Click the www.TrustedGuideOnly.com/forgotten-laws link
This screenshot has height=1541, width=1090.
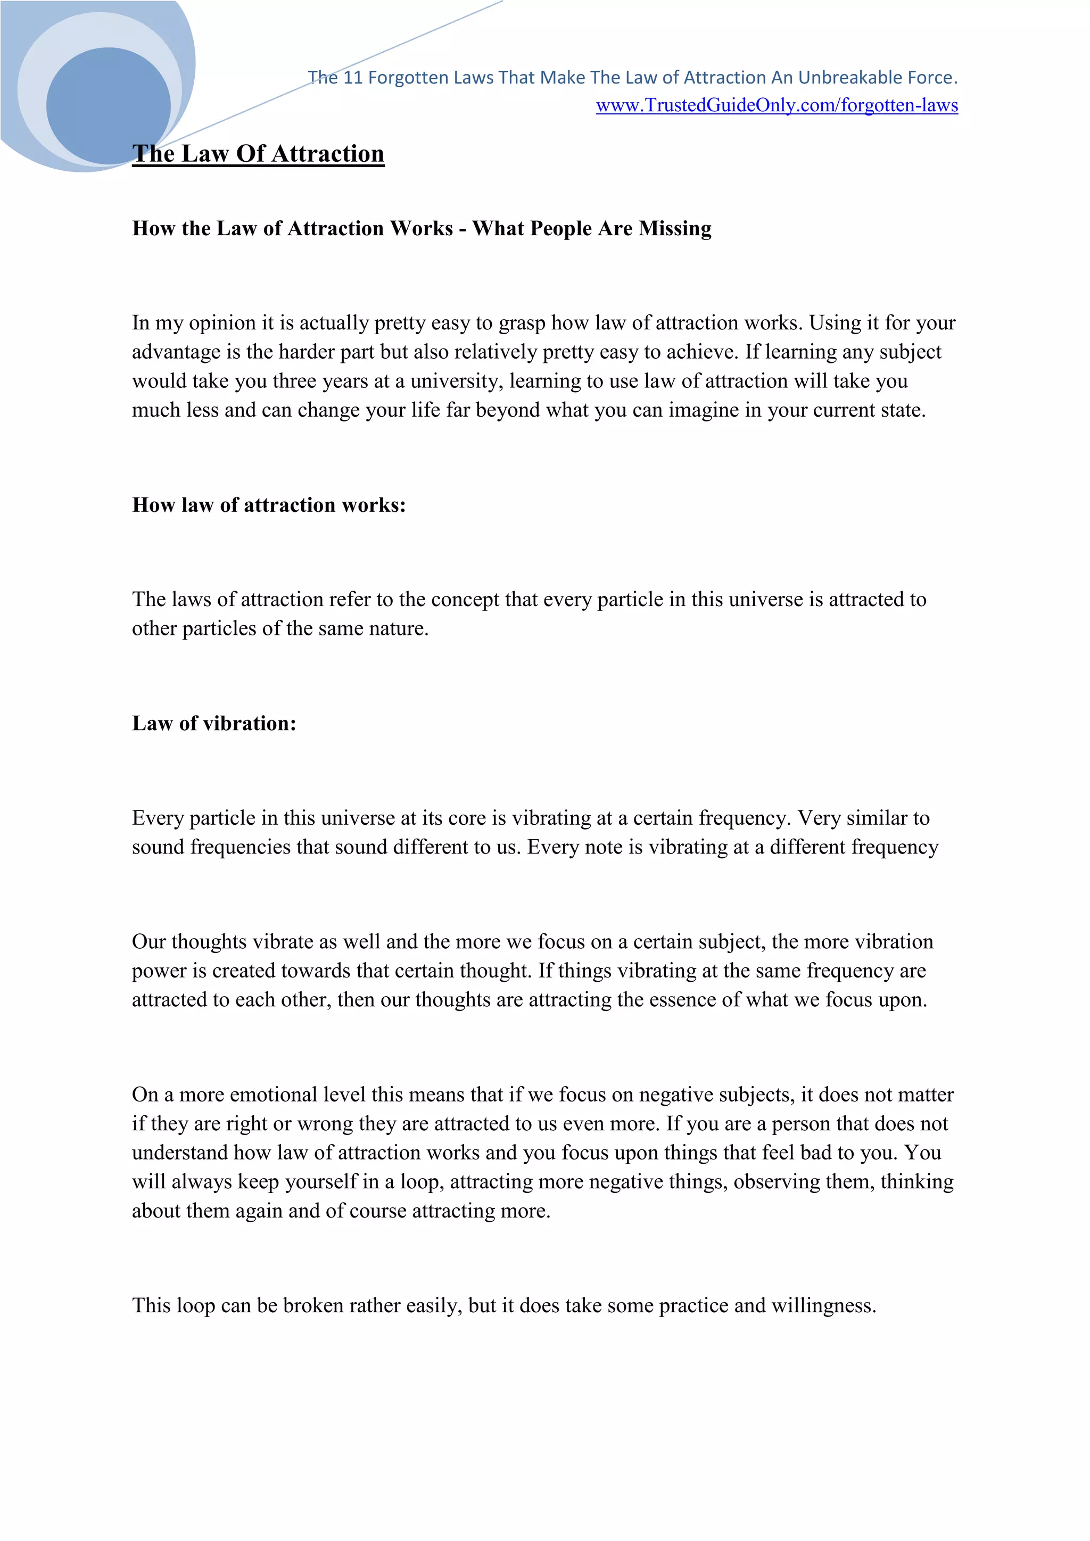point(777,105)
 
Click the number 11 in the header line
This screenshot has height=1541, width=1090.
point(353,78)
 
